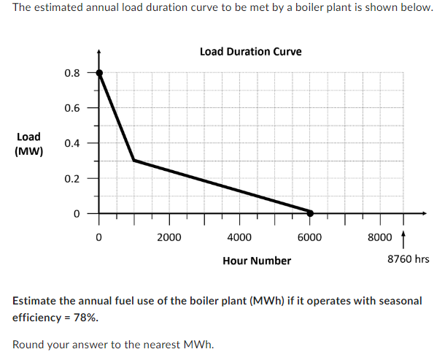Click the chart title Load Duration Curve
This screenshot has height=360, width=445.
pyautogui.click(x=250, y=52)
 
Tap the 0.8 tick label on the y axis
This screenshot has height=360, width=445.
pyautogui.click(x=71, y=73)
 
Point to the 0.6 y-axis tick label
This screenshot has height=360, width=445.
pyautogui.click(x=71, y=108)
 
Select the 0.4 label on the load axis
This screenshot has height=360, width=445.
pyautogui.click(x=71, y=143)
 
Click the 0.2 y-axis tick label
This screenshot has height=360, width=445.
pyautogui.click(x=71, y=178)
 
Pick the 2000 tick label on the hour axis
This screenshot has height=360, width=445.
pyautogui.click(x=169, y=237)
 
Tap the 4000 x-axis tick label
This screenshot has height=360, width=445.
pyautogui.click(x=239, y=237)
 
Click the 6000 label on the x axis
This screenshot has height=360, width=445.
pyautogui.click(x=309, y=237)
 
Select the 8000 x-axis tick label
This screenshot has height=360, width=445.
pyautogui.click(x=379, y=237)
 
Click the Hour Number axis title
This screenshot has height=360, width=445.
pyautogui.click(x=257, y=261)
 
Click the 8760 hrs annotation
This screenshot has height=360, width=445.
pyautogui.click(x=408, y=259)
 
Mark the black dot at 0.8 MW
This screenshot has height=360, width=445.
pyautogui.click(x=99, y=73)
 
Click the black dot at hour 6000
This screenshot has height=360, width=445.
pyautogui.click(x=309, y=213)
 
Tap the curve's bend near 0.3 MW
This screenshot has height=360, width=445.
pyautogui.click(x=134, y=160)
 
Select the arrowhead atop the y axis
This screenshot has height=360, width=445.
pyautogui.click(x=99, y=52)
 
